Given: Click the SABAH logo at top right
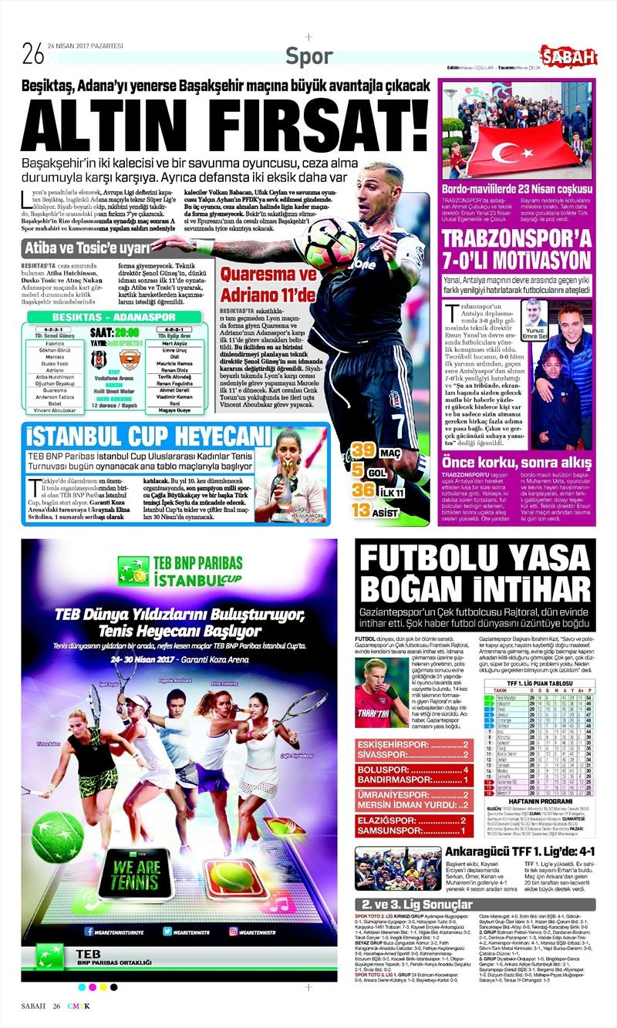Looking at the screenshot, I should (568, 56).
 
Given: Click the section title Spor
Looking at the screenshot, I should (308, 56).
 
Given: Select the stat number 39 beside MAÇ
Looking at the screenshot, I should (363, 450).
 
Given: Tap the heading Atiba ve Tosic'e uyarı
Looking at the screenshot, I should (87, 248).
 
